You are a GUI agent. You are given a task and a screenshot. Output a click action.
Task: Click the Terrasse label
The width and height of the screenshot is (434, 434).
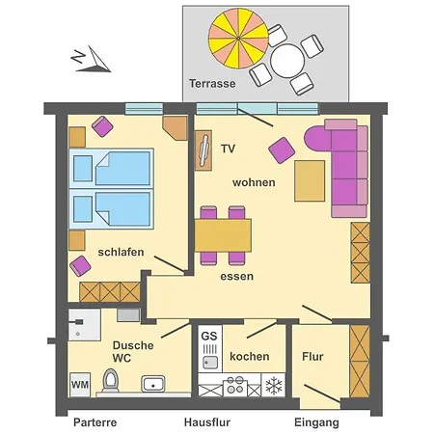click(212, 84)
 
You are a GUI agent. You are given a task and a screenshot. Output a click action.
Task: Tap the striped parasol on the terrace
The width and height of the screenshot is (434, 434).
click(238, 39)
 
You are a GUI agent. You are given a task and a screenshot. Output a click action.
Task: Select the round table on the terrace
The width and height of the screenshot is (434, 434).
click(287, 61)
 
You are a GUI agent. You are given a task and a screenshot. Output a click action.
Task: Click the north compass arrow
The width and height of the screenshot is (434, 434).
click(93, 60)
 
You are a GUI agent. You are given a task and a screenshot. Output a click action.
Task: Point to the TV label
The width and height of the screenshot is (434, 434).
click(228, 149)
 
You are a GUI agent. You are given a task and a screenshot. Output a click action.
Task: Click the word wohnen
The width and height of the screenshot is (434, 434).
click(254, 182)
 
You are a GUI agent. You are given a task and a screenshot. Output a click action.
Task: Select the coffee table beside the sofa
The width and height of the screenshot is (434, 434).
click(310, 181)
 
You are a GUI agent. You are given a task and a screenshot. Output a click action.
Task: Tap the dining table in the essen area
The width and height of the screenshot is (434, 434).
click(223, 235)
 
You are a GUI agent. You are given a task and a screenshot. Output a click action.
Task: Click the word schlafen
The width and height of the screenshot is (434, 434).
click(121, 252)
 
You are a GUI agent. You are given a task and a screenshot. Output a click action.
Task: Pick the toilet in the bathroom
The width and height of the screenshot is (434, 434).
click(111, 380)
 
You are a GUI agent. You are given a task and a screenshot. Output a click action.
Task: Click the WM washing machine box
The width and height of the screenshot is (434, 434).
click(80, 385)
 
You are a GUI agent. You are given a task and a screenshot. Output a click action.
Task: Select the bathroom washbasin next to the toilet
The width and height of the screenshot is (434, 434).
click(153, 384)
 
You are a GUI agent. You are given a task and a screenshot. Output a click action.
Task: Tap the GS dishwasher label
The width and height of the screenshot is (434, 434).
click(209, 336)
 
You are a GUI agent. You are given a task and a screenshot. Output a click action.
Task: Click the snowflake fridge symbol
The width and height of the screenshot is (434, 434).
click(273, 386)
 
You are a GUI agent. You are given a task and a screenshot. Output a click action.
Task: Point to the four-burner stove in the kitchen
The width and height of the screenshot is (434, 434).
click(235, 385)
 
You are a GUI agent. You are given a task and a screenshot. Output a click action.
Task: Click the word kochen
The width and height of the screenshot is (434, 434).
click(250, 357)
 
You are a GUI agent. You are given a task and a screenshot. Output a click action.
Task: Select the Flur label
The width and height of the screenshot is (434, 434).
click(312, 357)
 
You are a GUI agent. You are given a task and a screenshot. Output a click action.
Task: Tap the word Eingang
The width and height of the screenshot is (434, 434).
click(316, 422)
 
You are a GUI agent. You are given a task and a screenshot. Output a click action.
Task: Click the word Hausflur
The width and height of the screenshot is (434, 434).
click(207, 422)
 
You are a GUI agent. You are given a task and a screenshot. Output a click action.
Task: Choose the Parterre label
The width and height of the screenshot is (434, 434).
click(95, 422)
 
